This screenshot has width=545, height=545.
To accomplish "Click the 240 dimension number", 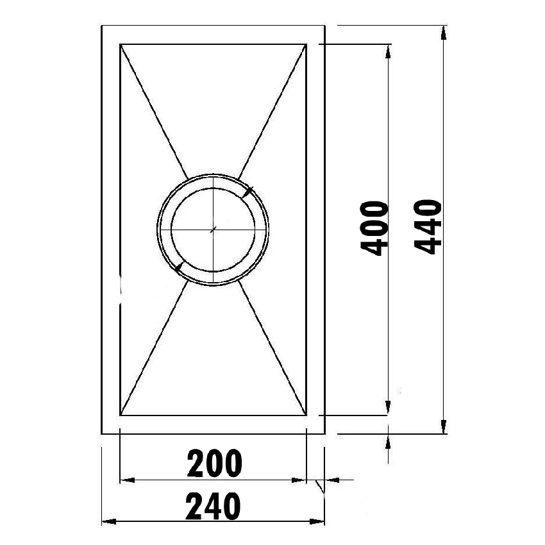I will [x=214, y=507].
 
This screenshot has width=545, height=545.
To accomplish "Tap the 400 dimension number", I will [x=374, y=228].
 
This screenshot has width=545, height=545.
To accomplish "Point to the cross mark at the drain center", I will [x=214, y=229].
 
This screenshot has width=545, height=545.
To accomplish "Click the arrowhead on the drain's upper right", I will [x=249, y=191].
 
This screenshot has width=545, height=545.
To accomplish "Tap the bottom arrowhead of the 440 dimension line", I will [x=443, y=428].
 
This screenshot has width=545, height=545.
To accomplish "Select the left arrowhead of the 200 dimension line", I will [x=126, y=480].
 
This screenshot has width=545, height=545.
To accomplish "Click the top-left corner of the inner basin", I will [x=120, y=44].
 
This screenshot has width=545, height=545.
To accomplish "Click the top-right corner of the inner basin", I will [x=307, y=44].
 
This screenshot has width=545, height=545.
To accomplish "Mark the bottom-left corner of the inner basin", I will [x=120, y=415].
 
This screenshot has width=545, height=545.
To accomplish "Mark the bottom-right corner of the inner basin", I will [x=307, y=415].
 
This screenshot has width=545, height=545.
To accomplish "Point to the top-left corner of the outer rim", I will [x=102, y=26].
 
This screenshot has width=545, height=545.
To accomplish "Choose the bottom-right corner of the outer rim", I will [x=325, y=434].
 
